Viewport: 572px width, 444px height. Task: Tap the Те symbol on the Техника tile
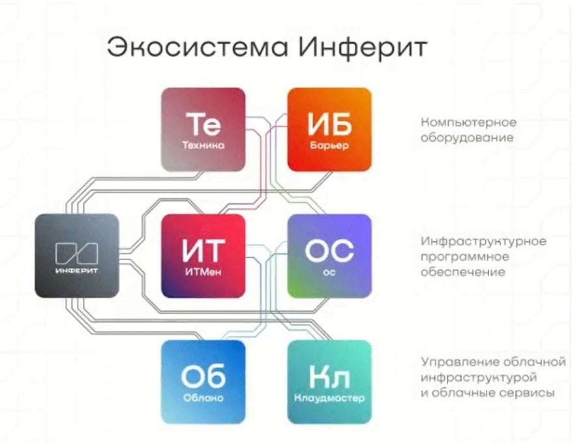(203, 123)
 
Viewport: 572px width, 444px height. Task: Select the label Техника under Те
(203, 145)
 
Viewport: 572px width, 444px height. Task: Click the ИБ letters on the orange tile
(329, 124)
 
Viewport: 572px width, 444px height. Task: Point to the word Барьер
(329, 145)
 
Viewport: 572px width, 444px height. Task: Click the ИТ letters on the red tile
(203, 250)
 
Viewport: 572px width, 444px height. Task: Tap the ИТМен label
(203, 272)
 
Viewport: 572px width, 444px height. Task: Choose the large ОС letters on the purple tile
(329, 250)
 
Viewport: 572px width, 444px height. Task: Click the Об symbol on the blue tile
(203, 376)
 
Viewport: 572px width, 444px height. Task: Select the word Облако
(203, 398)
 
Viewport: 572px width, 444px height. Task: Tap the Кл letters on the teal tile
(329, 377)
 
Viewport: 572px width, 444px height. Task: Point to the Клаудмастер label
(329, 398)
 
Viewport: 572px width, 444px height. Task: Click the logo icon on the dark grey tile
(77, 253)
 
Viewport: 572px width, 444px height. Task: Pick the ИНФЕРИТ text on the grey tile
(77, 271)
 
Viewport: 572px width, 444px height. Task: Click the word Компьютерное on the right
(469, 123)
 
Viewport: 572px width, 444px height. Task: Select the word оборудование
(467, 138)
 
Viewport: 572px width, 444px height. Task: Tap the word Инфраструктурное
(484, 242)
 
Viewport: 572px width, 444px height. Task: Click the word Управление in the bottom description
(460, 362)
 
